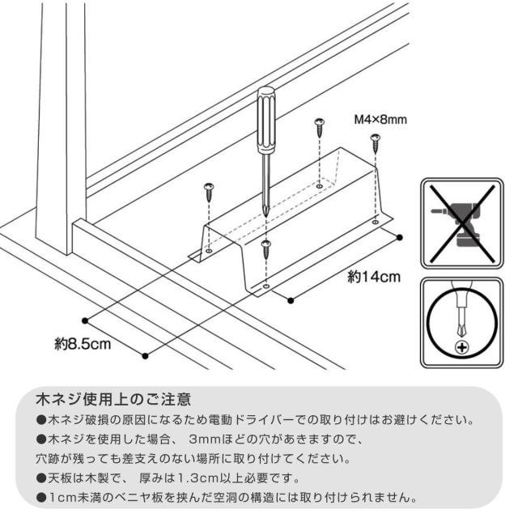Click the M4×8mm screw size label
point(380,119)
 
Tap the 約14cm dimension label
point(374,277)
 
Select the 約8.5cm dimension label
point(83,344)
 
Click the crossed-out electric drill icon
point(461,223)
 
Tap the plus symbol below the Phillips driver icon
point(462,347)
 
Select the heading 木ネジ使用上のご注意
point(113,399)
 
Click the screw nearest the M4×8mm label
point(376,143)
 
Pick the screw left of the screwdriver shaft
point(209,193)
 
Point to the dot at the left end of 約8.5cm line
point(85,321)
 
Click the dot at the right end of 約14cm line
point(399,237)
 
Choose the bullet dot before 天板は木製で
point(41,478)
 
